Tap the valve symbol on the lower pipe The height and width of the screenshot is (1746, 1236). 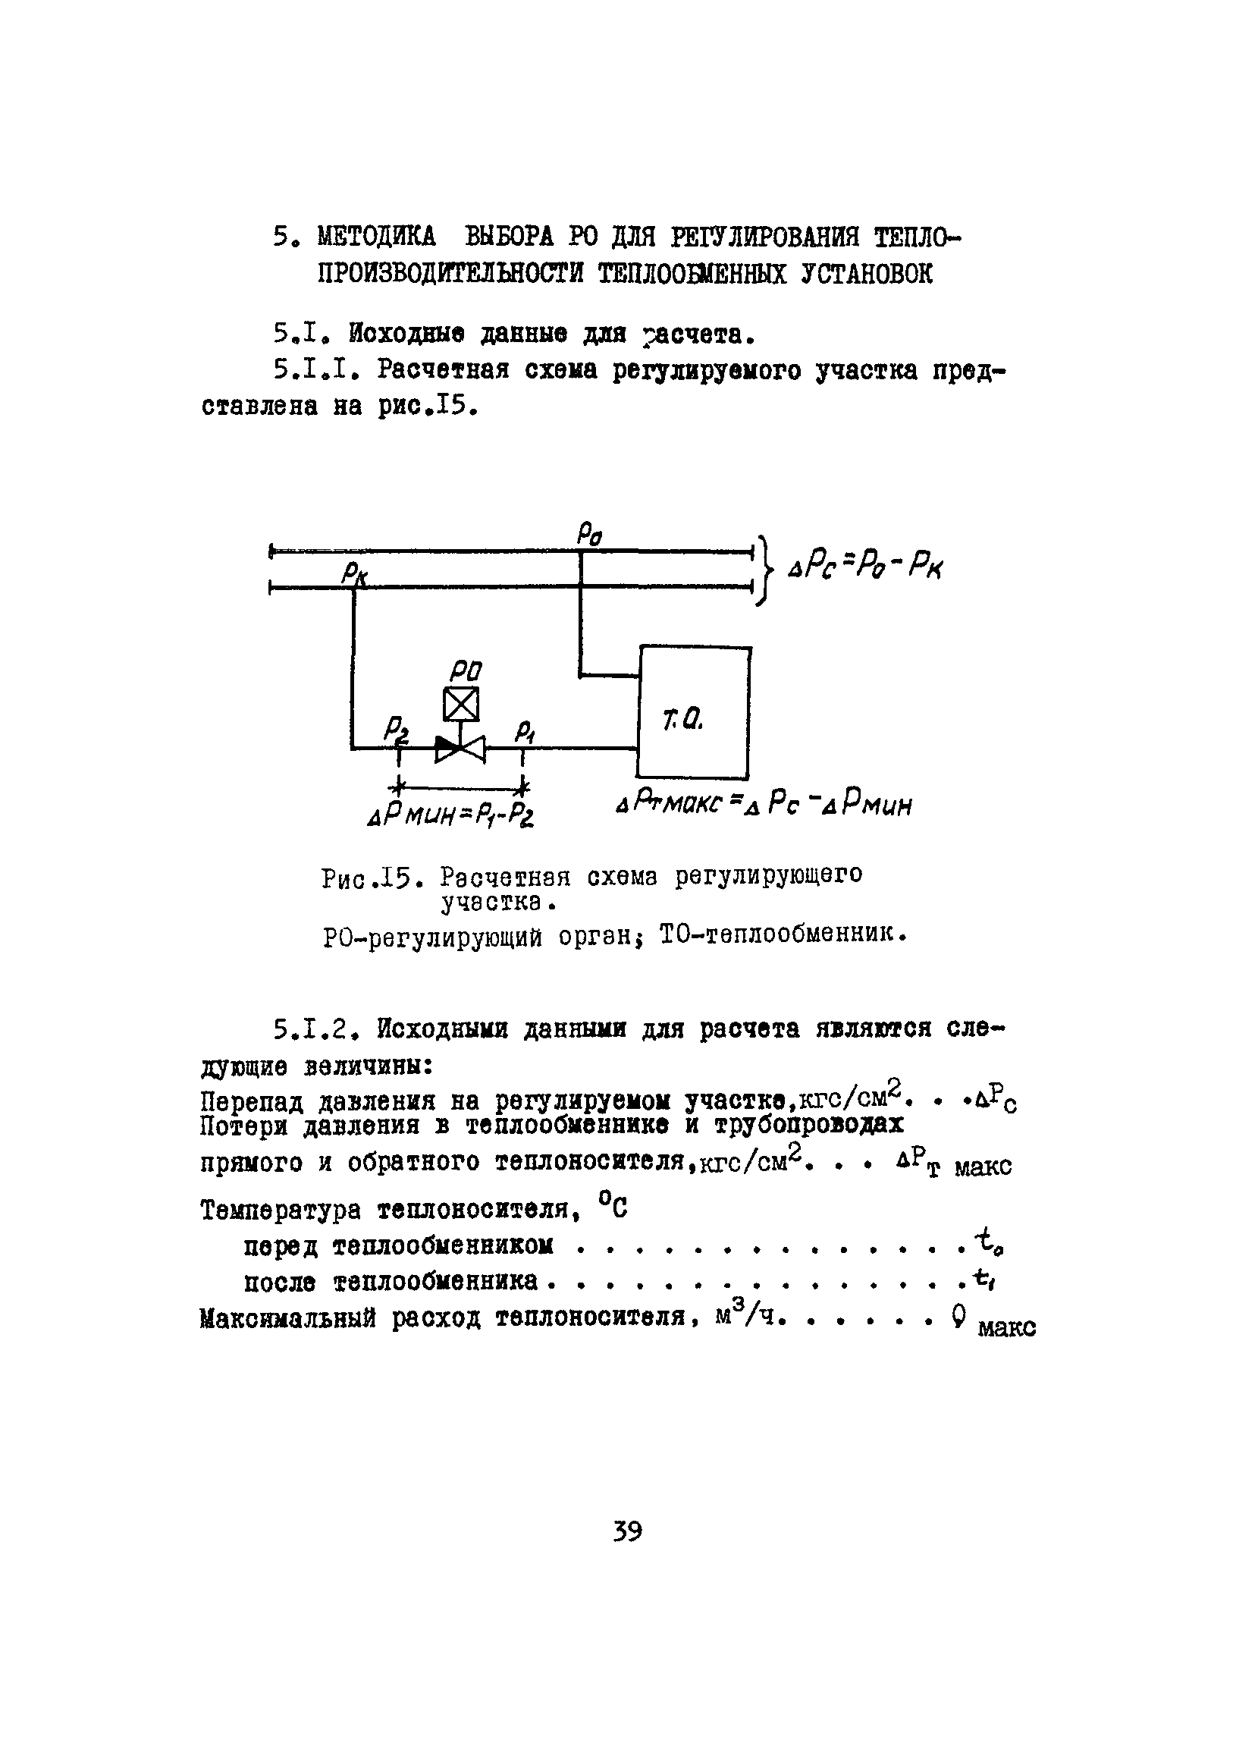coord(460,749)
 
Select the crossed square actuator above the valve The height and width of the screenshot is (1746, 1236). coord(461,703)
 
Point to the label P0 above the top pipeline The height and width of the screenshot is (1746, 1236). coord(589,533)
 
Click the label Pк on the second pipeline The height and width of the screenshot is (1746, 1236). coord(354,574)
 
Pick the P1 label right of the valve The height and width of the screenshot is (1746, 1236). coord(525,731)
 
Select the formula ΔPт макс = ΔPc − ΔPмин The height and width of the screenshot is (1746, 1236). coord(764,804)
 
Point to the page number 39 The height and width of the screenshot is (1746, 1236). coord(627,1531)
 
